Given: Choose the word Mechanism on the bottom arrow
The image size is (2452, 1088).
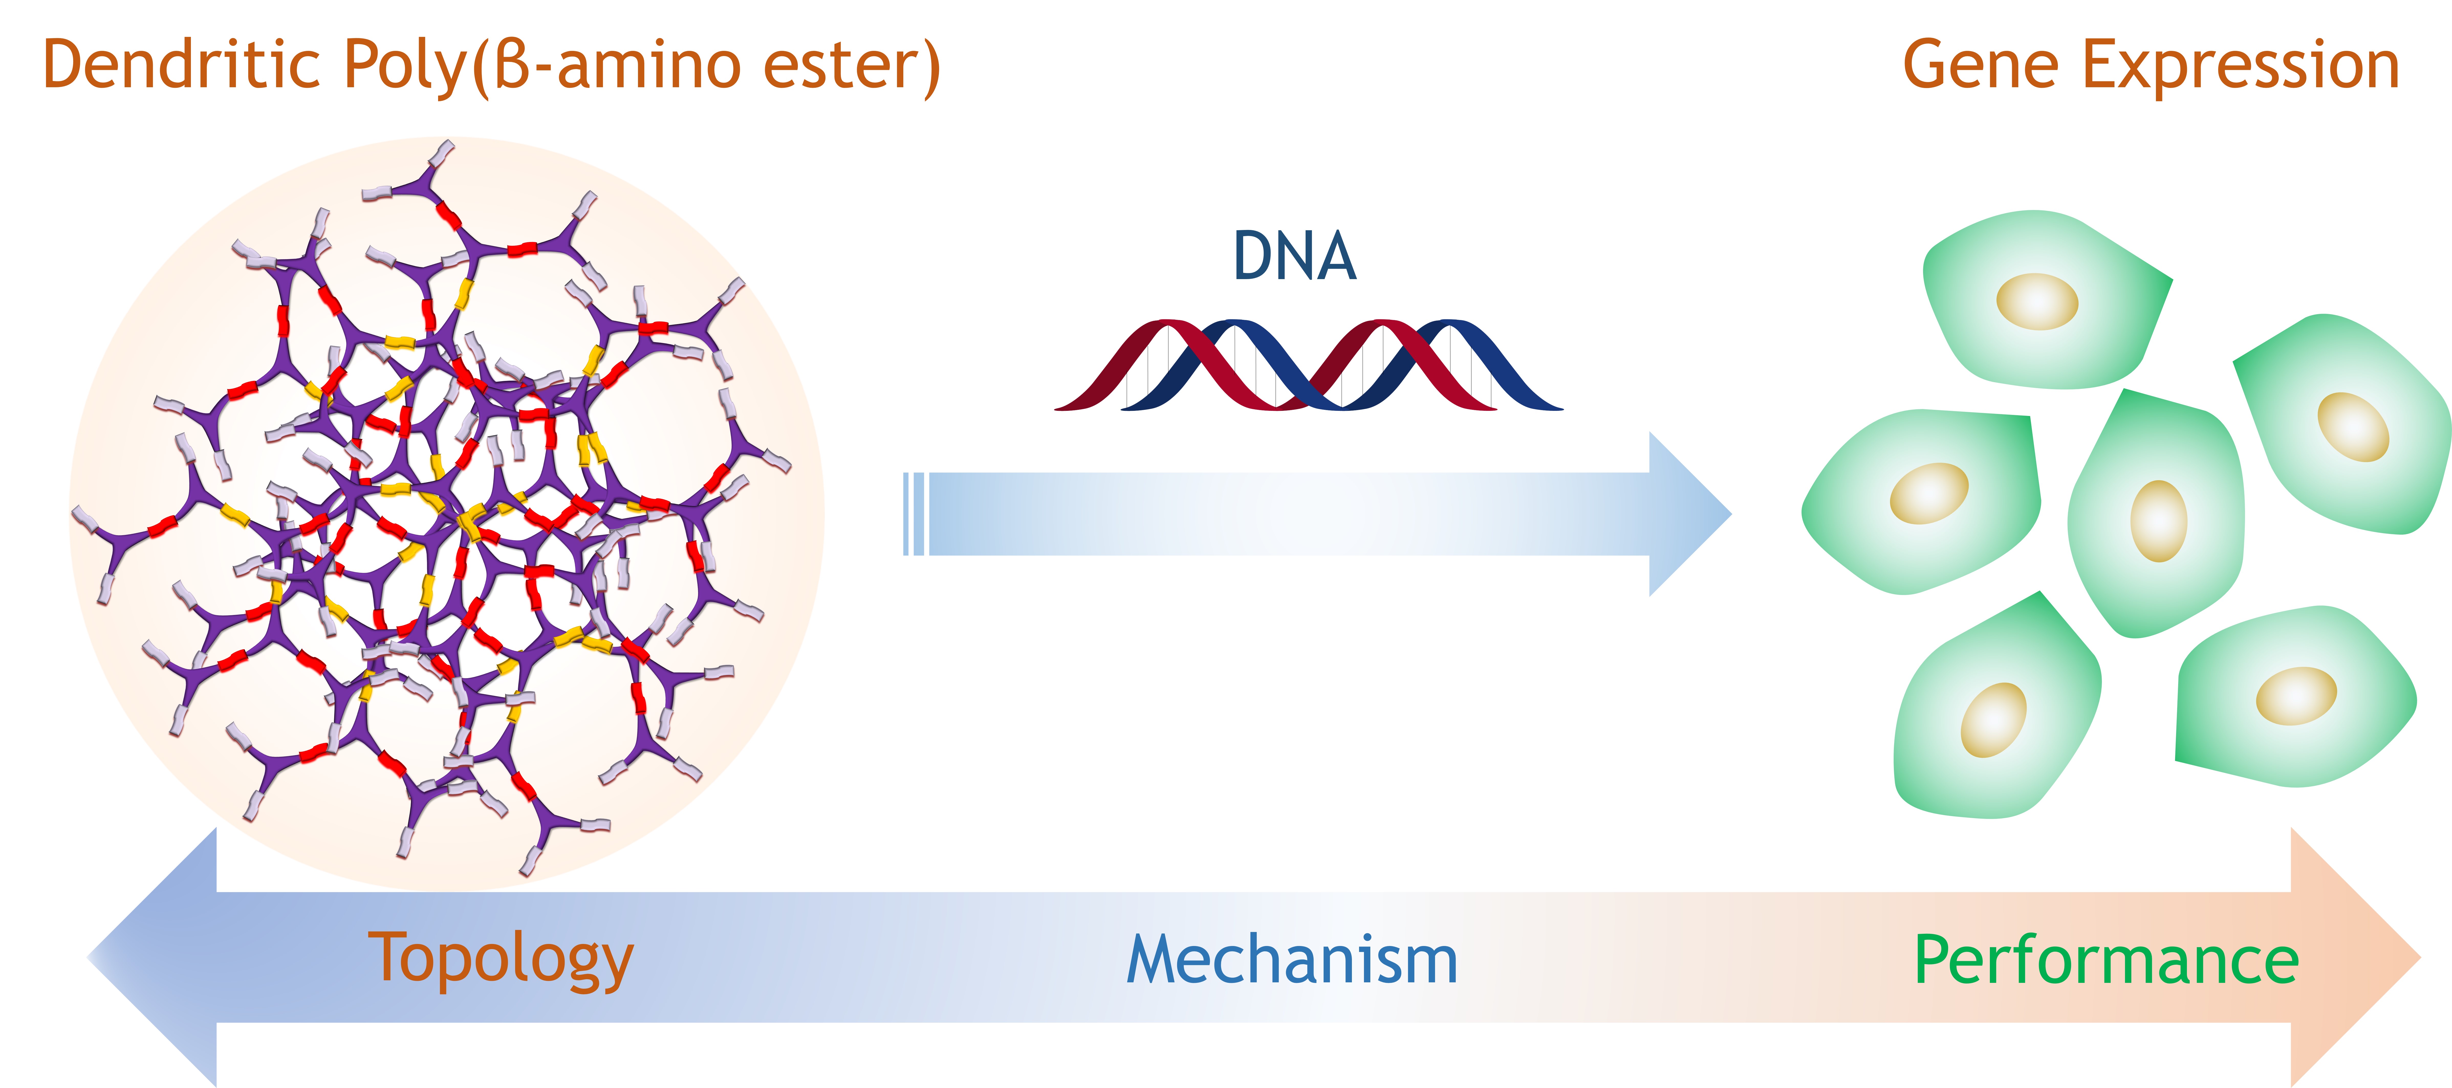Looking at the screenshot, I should pyautogui.click(x=1292, y=960).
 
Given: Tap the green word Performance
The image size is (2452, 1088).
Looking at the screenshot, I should pyautogui.click(x=2106, y=960).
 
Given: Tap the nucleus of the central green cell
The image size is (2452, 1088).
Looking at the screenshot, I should pyautogui.click(x=2158, y=521).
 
